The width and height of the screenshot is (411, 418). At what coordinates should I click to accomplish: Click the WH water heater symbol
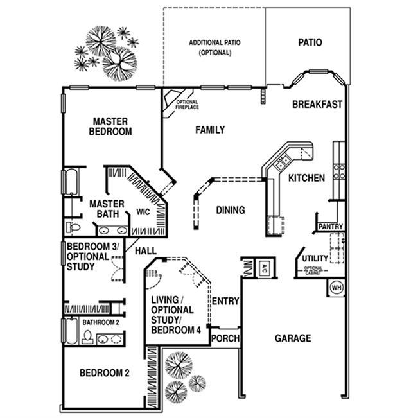[x=337, y=288]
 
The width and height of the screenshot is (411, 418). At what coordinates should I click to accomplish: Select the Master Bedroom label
[x=111, y=126]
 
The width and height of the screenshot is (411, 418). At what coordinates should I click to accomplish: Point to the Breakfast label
[x=317, y=105]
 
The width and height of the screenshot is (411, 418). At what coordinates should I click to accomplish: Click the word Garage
[x=293, y=338]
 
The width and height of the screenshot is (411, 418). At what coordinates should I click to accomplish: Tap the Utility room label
[x=315, y=258]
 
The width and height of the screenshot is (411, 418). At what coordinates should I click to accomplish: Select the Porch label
[x=225, y=339]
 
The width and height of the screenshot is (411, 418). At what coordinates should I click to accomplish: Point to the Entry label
[x=225, y=300]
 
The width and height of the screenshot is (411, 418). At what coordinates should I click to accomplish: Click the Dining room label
[x=230, y=210]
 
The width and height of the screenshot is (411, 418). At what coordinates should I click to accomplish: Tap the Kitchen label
[x=306, y=178]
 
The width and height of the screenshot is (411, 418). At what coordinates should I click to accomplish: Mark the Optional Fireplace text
[x=187, y=104]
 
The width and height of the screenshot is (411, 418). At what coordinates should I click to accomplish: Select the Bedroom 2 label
[x=105, y=372]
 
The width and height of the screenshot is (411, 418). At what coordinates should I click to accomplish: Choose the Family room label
[x=210, y=130]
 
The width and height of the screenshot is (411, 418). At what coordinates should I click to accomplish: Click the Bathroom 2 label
[x=101, y=322]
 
